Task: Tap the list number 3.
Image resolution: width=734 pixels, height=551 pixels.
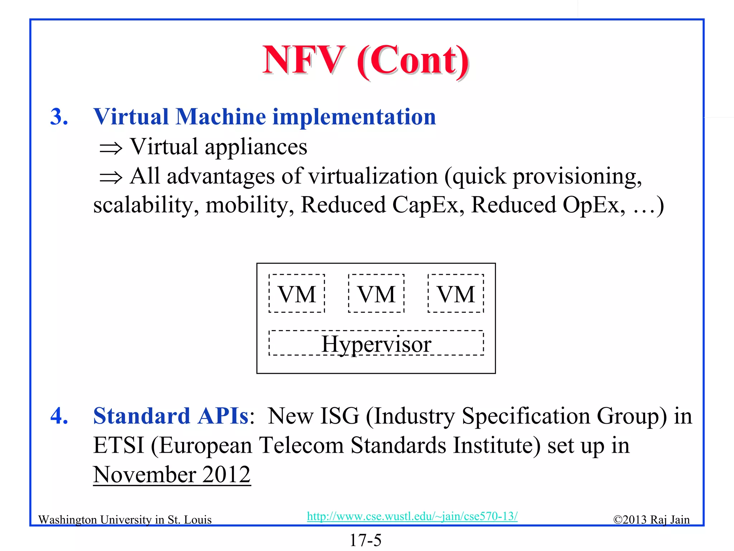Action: tap(59, 117)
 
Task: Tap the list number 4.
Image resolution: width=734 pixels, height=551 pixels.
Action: tap(59, 416)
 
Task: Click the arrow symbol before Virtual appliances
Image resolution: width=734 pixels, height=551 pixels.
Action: tap(111, 148)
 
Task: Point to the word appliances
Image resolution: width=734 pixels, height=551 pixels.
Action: tap(256, 147)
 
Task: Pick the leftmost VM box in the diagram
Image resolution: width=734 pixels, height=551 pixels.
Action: tap(297, 293)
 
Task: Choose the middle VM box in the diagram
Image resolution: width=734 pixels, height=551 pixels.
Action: tap(376, 293)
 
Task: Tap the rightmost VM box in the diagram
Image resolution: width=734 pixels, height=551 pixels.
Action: tap(456, 293)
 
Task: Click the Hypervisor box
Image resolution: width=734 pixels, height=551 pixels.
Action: tap(376, 343)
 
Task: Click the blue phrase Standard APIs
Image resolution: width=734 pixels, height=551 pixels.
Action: tap(171, 416)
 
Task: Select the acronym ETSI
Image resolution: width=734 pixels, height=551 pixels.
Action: tap(118, 446)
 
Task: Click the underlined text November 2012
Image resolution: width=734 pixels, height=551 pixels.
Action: tap(172, 475)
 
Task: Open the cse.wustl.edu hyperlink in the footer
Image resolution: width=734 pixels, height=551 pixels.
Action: tap(412, 516)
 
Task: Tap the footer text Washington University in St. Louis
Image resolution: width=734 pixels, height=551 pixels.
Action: tap(125, 520)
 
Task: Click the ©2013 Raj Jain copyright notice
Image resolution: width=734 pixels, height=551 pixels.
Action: tap(651, 520)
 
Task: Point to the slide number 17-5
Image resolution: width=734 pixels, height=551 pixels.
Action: tap(366, 540)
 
